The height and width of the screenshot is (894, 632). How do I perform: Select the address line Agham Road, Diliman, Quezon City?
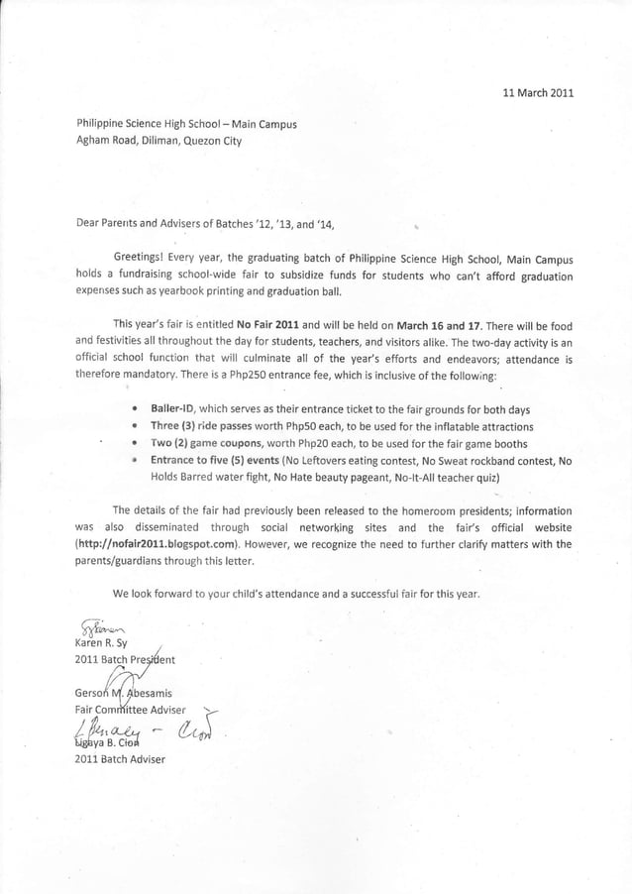pyautogui.click(x=159, y=141)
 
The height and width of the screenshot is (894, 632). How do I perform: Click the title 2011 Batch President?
pyautogui.click(x=132, y=659)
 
